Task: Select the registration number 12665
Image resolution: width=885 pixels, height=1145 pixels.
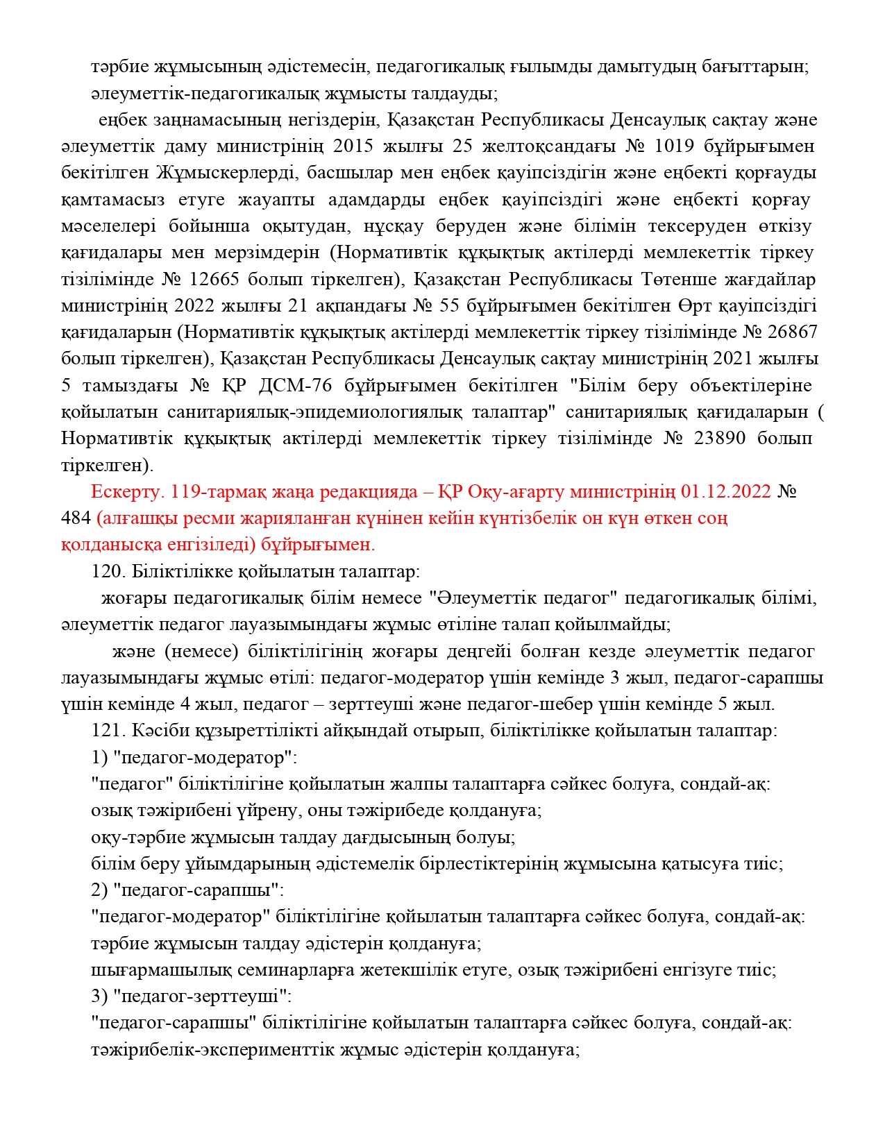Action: click(214, 280)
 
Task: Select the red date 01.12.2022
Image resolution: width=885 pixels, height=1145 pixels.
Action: click(726, 492)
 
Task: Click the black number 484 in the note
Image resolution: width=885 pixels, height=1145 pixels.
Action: click(76, 518)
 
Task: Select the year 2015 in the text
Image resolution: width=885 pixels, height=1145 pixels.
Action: click(353, 147)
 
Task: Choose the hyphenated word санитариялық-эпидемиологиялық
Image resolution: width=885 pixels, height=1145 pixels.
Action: click(314, 413)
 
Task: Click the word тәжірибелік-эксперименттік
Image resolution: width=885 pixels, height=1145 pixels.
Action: click(212, 1050)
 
